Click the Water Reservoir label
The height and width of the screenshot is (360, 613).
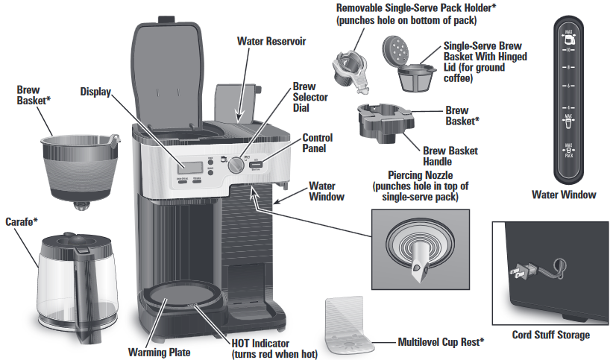(x=271, y=40)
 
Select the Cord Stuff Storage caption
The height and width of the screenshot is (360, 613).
(x=552, y=335)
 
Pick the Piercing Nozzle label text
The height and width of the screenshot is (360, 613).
(x=421, y=175)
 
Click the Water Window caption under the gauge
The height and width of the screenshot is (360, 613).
(x=564, y=195)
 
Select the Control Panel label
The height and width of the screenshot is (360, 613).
(x=317, y=143)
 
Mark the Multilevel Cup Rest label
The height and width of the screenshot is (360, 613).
(x=439, y=343)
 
